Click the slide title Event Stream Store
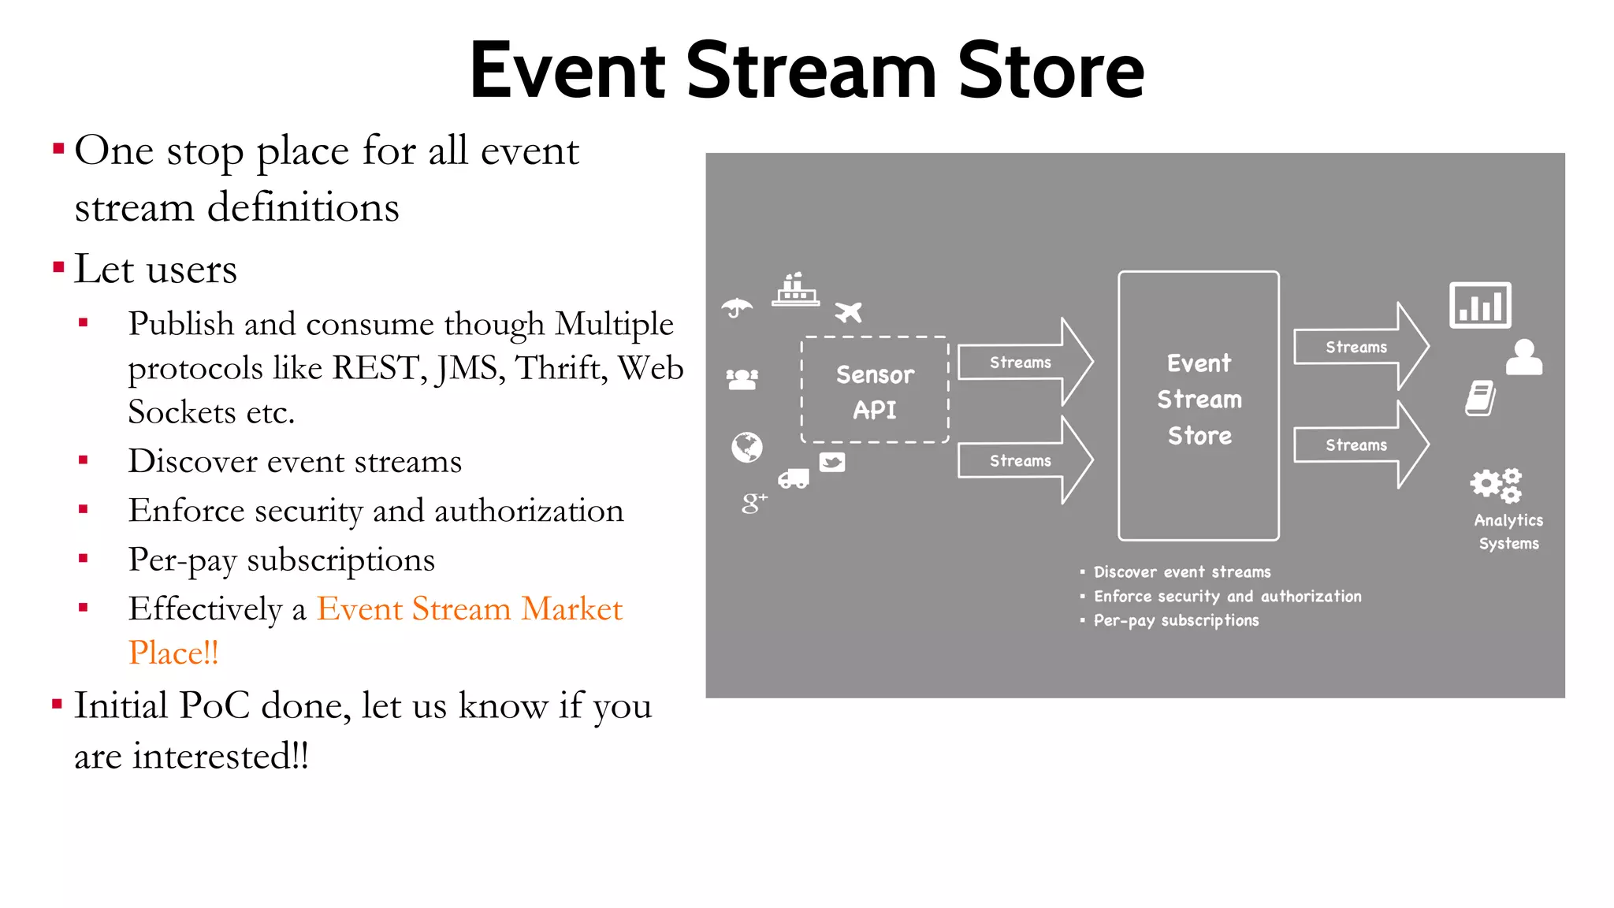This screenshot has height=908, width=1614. (806, 71)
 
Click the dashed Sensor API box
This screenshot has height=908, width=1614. (875, 391)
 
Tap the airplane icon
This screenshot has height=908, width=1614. (848, 312)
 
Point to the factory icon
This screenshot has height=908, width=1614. (794, 290)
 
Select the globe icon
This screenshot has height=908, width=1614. (746, 447)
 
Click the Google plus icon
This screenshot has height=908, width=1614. (753, 502)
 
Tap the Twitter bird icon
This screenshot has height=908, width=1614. (832, 462)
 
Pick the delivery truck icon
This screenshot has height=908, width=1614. (794, 478)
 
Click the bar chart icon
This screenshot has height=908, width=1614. (1480, 305)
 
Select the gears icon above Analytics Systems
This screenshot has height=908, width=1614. (1495, 485)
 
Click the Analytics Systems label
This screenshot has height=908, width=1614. (1508, 532)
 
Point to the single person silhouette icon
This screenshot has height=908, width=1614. (1524, 357)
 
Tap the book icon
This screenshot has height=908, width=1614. (1480, 398)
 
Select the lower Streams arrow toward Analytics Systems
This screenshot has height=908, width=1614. (1359, 445)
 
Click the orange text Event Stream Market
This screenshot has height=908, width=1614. (469, 609)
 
